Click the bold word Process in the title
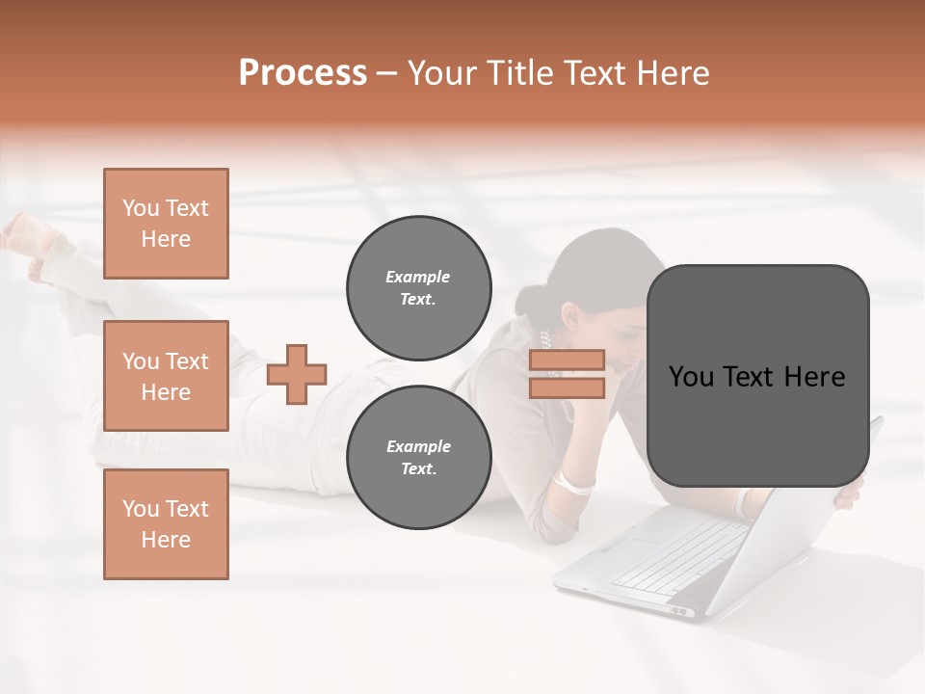[303, 73]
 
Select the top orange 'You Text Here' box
[166, 224]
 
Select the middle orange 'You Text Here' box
[166, 376]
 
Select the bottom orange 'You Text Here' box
[166, 524]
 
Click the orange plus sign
[297, 374]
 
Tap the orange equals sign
[567, 374]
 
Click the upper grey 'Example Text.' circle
[419, 287]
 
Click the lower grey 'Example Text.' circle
[419, 457]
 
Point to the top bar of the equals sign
[567, 360]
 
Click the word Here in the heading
[672, 73]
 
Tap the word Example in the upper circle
[417, 277]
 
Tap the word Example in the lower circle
[418, 446]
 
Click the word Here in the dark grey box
[815, 376]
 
